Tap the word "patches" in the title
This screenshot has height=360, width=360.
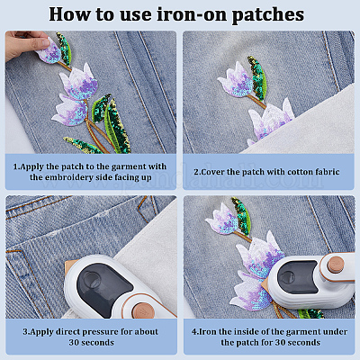coord(268,15)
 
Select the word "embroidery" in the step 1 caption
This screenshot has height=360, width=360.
coord(68,177)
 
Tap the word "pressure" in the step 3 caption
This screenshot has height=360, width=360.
coord(100,332)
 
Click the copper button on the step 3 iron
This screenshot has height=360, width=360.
coord(143,310)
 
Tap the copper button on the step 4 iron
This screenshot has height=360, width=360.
coord(336,265)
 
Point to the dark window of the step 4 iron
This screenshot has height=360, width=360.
coord(296,276)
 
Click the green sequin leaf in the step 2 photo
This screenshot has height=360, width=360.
coord(257,77)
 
